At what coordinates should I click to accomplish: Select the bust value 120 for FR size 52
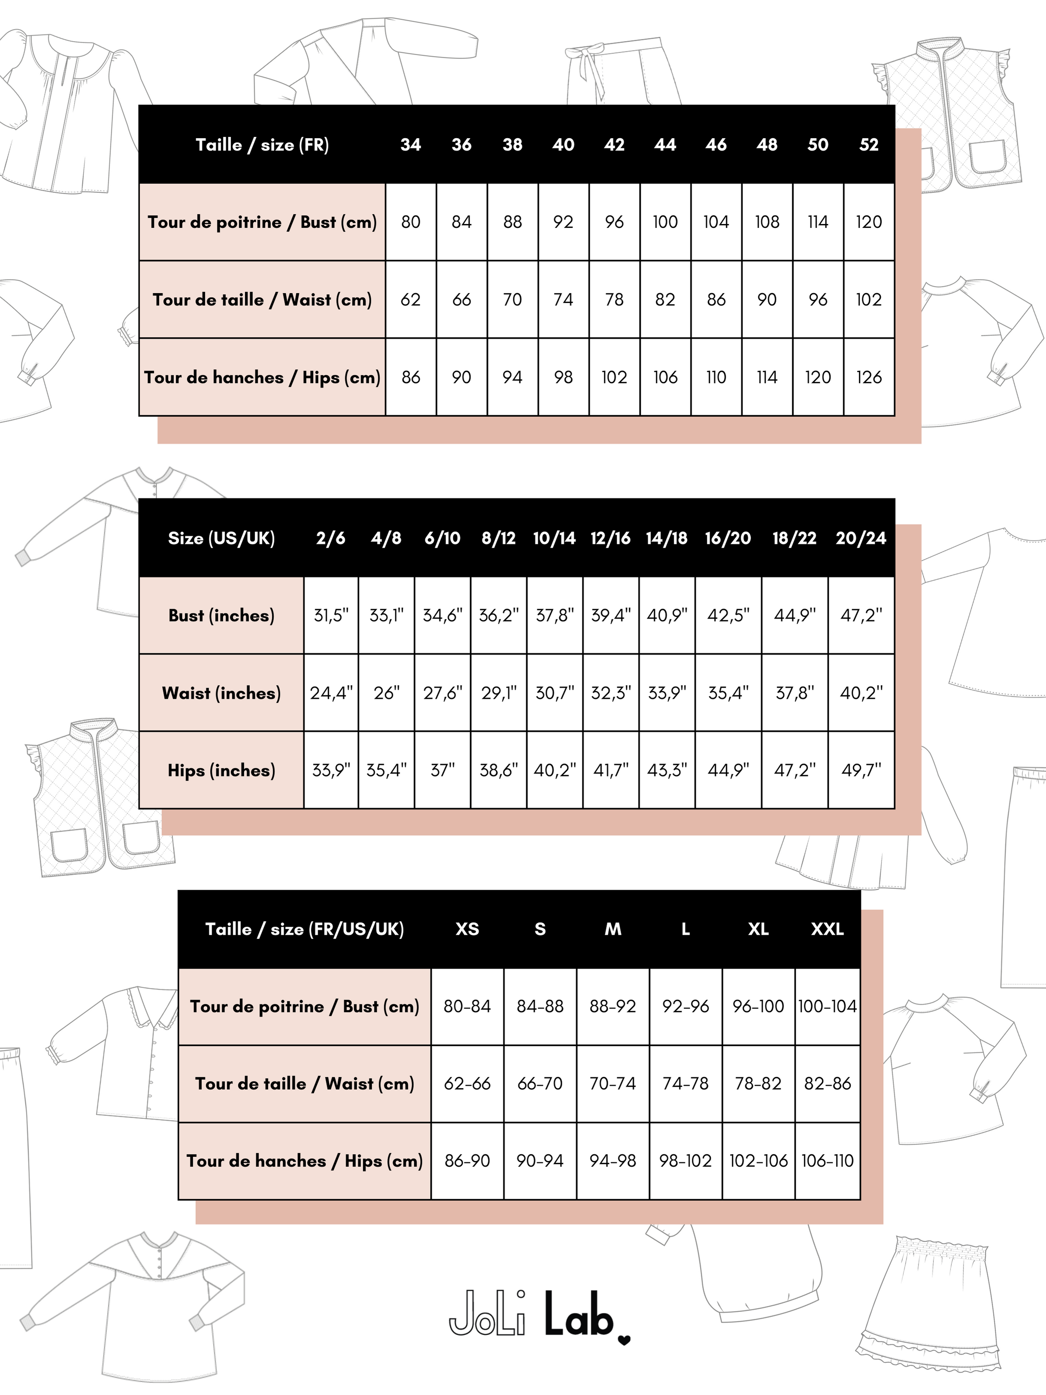point(868,222)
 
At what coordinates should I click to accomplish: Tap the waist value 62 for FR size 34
point(410,300)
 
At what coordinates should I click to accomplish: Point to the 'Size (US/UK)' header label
point(221,538)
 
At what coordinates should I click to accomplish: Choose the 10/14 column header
point(554,538)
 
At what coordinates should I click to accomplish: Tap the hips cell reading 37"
point(442,770)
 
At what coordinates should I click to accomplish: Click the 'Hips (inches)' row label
point(221,770)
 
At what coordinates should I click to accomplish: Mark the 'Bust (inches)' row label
point(221,616)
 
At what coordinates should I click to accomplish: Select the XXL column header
point(827,929)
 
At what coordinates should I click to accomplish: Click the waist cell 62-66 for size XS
point(467,1083)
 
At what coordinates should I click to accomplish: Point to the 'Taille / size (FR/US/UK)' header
point(305,929)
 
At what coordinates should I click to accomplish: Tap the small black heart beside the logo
point(624,1340)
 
